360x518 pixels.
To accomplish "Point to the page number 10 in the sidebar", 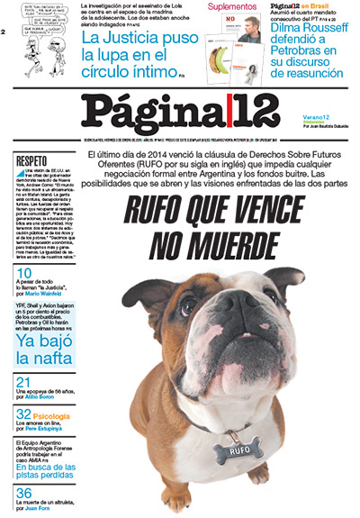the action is tap(23, 273).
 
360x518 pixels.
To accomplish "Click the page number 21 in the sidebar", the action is tap(23, 383).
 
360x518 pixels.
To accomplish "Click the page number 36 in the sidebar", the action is tap(23, 493).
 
